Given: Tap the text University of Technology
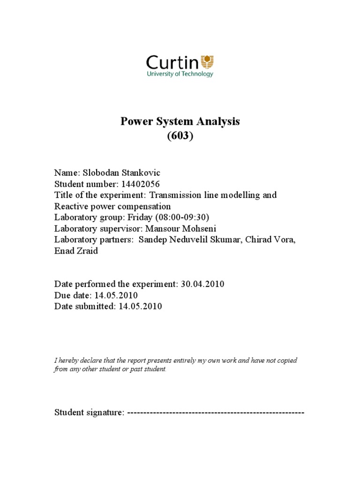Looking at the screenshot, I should point(180,74).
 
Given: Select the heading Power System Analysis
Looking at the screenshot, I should point(180,121).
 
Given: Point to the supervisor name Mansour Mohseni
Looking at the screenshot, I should point(180,229).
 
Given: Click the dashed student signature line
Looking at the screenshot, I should point(216,413).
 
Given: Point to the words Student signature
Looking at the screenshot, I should point(89,413).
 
